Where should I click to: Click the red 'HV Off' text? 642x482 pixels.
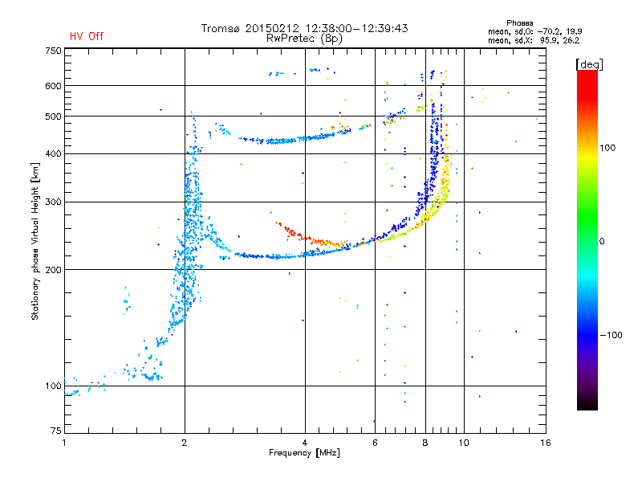click(x=87, y=36)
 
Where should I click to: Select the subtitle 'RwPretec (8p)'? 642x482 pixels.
click(x=304, y=39)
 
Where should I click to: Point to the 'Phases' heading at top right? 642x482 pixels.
click(x=519, y=23)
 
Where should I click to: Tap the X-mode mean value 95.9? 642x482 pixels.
click(x=549, y=40)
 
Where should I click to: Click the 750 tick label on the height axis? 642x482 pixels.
click(x=53, y=51)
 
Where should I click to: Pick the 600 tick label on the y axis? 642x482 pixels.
click(x=53, y=86)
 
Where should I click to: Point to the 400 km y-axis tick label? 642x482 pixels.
click(x=53, y=153)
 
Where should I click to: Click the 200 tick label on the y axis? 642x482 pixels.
click(x=53, y=270)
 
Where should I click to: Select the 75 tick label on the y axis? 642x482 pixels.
click(x=56, y=431)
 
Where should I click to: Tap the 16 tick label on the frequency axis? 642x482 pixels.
click(x=546, y=443)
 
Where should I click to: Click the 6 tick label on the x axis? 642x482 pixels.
click(x=375, y=443)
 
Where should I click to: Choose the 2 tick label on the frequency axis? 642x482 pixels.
click(x=185, y=443)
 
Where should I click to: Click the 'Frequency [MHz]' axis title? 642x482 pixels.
click(x=304, y=453)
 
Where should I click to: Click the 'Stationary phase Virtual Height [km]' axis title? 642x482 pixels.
click(x=35, y=241)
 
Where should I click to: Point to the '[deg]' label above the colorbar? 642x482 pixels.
click(x=589, y=65)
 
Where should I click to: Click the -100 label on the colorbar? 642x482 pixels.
click(x=611, y=335)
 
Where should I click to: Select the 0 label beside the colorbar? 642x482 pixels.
click(x=602, y=241)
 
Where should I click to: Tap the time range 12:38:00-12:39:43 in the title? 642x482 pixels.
click(x=356, y=28)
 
